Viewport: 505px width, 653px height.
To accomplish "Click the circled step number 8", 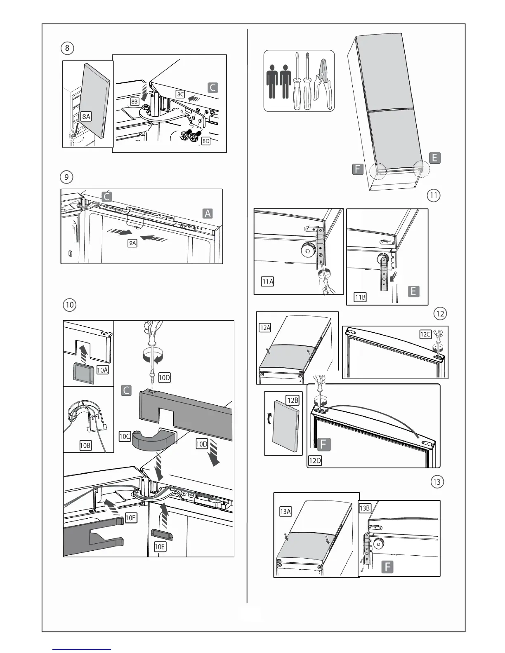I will [67, 48].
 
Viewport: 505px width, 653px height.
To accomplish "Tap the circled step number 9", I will [66, 177].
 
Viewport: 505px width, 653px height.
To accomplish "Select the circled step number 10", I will [69, 305].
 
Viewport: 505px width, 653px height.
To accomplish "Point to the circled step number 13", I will [437, 482].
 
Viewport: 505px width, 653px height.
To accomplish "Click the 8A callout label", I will [86, 117].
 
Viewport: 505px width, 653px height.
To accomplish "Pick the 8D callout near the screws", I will [205, 141].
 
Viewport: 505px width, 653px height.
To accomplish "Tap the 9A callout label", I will [132, 243].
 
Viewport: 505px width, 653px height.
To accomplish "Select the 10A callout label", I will [102, 370].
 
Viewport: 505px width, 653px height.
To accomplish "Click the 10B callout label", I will [85, 445].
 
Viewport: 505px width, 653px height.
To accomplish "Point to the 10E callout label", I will [160, 547].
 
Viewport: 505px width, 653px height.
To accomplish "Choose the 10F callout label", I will [130, 518].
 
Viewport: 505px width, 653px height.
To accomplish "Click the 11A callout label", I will [268, 282].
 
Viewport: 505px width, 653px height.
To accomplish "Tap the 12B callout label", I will [293, 400].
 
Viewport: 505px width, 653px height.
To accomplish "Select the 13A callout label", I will [286, 512].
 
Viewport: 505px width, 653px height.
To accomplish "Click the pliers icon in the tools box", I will [323, 80].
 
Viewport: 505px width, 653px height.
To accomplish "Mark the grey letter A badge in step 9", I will [208, 213].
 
